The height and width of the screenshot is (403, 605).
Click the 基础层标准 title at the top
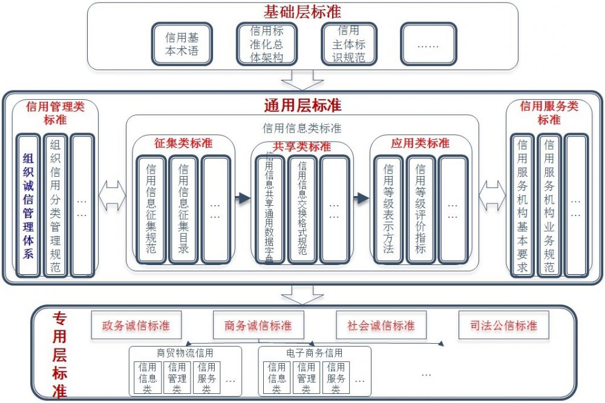click(302, 11)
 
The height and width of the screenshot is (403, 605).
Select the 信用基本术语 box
click(181, 44)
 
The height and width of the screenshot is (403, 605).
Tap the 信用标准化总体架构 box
click(266, 44)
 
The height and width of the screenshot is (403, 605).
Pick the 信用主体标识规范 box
click(349, 44)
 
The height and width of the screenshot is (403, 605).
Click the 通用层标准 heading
click(302, 105)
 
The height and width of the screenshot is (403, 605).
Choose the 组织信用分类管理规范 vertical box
click(56, 206)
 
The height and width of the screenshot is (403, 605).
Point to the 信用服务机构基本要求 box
click(522, 206)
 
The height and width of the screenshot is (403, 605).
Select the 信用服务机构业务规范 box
click(549, 206)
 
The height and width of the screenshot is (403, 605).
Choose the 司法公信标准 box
click(503, 326)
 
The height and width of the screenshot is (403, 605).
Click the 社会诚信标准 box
click(381, 326)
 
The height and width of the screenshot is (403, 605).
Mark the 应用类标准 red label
click(420, 143)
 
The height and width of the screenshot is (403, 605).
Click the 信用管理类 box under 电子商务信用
click(306, 378)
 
